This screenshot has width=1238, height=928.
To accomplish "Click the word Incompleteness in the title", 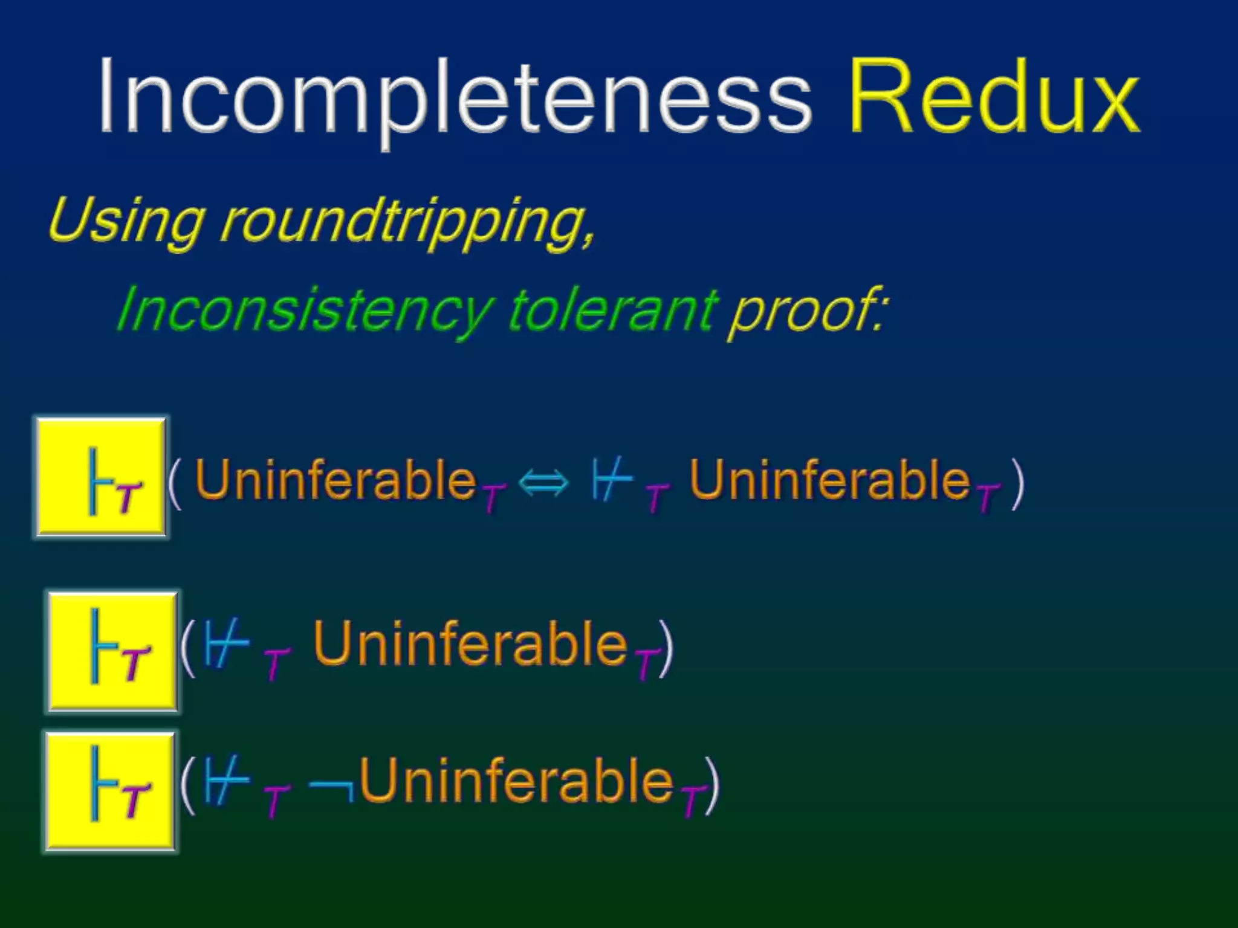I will point(453,97).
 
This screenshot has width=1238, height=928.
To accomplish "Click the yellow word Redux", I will point(994,97).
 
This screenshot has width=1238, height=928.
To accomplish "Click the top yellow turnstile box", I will point(102,477).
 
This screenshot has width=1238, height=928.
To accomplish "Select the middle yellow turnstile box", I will point(113,652).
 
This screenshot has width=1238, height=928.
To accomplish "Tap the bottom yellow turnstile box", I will point(111,791).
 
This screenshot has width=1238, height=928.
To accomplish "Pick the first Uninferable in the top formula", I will point(335,480).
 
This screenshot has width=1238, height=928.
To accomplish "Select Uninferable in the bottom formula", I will point(517,781).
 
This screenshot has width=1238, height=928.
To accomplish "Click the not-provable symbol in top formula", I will point(611,479).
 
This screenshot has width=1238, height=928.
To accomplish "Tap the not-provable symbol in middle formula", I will point(226,644).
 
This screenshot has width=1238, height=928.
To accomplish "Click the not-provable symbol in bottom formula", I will point(226,781).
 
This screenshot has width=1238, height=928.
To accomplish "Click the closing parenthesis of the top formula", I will point(1018,483).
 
